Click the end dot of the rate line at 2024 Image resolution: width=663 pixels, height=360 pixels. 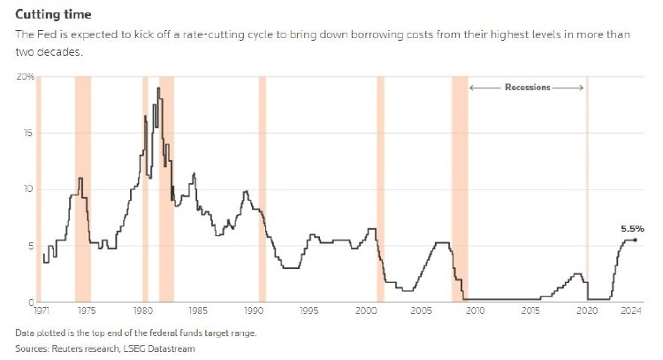click(635, 241)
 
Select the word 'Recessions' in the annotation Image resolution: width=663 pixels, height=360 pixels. click(528, 88)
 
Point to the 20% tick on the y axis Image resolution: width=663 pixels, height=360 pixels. click(25, 77)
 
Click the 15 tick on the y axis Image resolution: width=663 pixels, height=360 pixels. click(27, 134)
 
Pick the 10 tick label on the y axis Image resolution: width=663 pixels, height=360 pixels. click(27, 189)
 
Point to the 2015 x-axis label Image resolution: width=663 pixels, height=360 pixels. click(530, 311)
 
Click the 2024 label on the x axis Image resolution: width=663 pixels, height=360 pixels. click(630, 311)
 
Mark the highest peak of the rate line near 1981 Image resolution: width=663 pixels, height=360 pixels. click(158, 88)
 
